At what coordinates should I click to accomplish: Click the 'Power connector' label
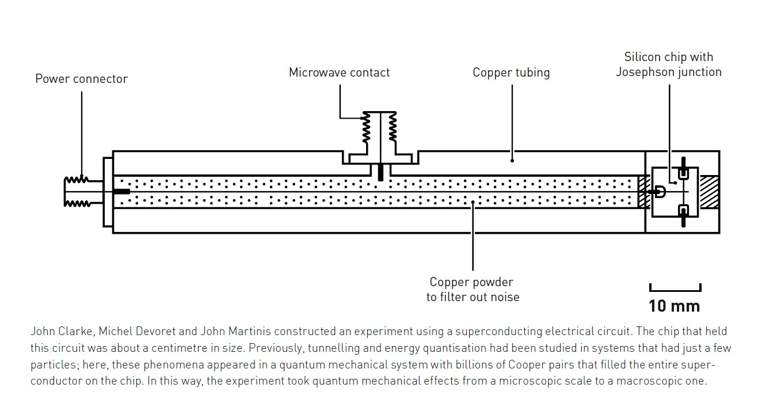81,79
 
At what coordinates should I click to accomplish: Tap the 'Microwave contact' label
339,73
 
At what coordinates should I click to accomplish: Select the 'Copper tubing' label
511,73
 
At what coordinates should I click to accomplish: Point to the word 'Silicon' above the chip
644,57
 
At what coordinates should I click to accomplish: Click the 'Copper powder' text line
471,283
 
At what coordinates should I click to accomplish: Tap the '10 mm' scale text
675,306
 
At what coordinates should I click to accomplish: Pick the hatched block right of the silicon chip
709,192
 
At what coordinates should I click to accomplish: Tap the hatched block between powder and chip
643,192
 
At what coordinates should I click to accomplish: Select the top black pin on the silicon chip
683,168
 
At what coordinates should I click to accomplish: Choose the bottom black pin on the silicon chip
683,215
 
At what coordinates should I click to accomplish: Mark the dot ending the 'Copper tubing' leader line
512,161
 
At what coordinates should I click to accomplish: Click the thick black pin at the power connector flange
122,192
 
